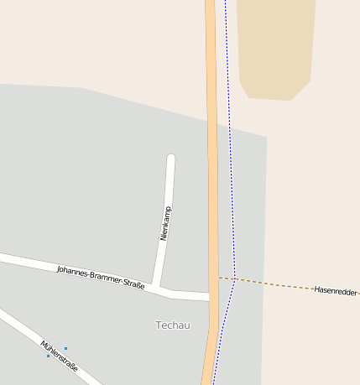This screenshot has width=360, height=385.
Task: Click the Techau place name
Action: click(173, 325)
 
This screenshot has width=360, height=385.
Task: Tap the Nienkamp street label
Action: click(165, 223)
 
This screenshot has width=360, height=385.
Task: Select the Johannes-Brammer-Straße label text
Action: click(101, 278)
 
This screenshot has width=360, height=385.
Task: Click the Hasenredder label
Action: click(336, 290)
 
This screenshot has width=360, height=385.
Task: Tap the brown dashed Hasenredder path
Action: click(277, 284)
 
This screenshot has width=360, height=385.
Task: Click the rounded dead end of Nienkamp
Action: click(171, 158)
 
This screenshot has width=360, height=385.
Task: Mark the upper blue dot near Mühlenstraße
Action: click(65, 348)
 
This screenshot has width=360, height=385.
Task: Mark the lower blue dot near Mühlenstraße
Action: click(48, 356)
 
